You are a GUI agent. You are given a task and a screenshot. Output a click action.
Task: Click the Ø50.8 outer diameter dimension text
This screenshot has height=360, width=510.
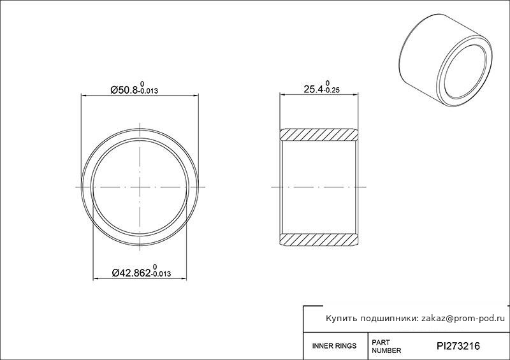tap(124, 90)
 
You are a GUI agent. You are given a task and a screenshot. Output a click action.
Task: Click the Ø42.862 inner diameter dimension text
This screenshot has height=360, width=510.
tap(131, 273)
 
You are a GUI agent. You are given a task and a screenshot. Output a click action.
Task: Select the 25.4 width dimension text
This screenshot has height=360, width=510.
tap(314, 89)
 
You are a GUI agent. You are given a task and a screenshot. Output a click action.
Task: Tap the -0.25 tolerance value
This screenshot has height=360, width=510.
tap(331, 90)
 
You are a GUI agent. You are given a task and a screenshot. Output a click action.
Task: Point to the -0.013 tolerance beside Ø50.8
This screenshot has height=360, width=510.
tap(149, 90)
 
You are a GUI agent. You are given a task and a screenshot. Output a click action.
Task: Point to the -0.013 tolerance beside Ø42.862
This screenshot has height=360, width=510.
tap(161, 274)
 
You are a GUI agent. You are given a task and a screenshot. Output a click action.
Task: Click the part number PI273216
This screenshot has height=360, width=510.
tap(458, 346)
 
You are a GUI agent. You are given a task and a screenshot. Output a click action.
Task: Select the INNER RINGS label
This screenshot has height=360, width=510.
tap(334, 346)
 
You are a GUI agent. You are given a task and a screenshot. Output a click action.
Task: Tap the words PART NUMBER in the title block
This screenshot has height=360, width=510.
tap(386, 347)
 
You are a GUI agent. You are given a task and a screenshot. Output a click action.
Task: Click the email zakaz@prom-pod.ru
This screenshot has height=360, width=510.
tap(463, 319)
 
